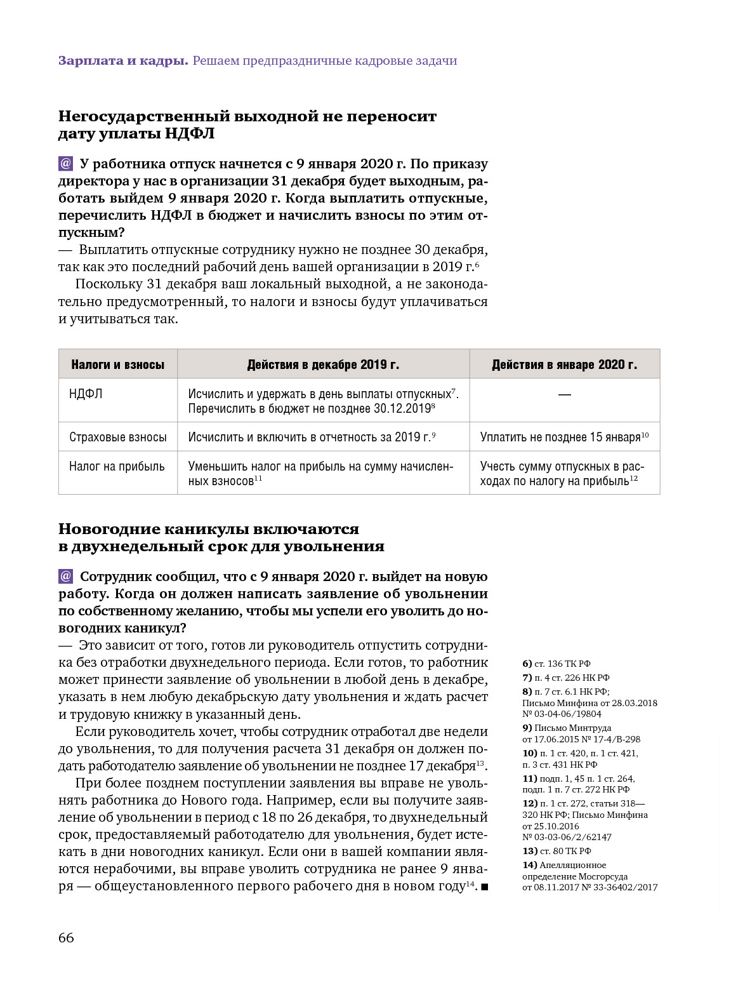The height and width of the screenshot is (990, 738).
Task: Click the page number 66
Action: pyautogui.click(x=66, y=938)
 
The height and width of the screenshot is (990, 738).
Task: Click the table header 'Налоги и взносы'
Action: pyautogui.click(x=117, y=365)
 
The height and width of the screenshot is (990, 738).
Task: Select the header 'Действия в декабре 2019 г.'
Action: pyautogui.click(x=323, y=365)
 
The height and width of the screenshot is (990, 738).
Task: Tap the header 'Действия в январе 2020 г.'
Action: pyautogui.click(x=564, y=365)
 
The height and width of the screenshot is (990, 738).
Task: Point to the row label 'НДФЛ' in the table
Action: pyautogui.click(x=86, y=394)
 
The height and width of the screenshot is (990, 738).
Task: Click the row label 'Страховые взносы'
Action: pyautogui.click(x=118, y=437)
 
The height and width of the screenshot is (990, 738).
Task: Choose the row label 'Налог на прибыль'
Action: pyautogui.click(x=117, y=466)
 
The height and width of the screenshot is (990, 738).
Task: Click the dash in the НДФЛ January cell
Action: pyautogui.click(x=564, y=394)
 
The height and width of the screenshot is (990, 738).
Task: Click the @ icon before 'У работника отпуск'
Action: pyautogui.click(x=66, y=164)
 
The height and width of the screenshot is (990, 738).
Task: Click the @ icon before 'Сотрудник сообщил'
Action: pyautogui.click(x=66, y=577)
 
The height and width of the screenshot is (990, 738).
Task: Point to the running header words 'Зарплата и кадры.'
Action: pyautogui.click(x=123, y=61)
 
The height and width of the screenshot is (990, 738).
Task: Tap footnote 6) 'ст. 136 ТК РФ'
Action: pyautogui.click(x=557, y=664)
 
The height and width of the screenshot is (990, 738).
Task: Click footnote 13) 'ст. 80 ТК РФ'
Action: pyautogui.click(x=557, y=851)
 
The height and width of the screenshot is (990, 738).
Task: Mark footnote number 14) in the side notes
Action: pyautogui.click(x=529, y=865)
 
